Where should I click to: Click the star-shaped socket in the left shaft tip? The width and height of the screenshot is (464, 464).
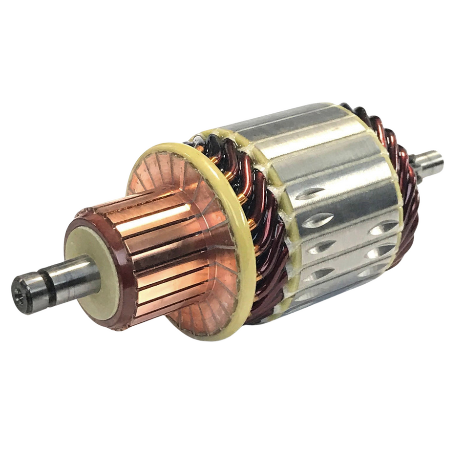(x=21, y=293)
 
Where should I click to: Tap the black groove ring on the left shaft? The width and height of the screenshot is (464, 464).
(x=46, y=283)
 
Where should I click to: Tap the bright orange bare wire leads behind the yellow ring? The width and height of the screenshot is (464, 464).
(x=241, y=195)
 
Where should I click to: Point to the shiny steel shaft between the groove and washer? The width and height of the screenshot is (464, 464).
(x=73, y=274)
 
